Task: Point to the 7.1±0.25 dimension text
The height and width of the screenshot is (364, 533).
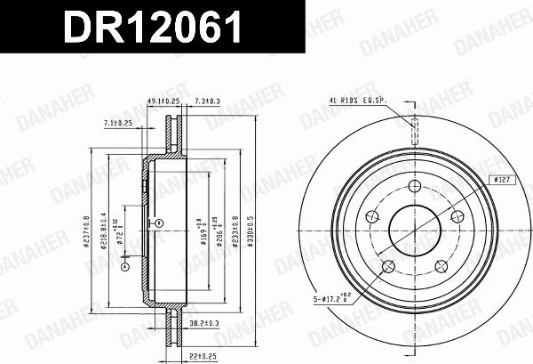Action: (x=117, y=123)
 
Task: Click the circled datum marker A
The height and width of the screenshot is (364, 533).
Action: (x=124, y=264)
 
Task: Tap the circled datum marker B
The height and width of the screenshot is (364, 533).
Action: (x=158, y=222)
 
